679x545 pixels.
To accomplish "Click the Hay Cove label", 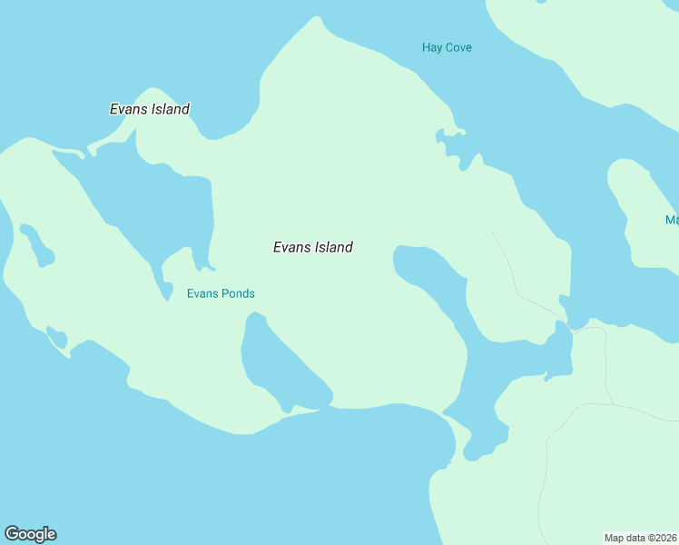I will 447,47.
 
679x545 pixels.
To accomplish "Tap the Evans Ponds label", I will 221,293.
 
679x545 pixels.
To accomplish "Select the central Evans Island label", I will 312,247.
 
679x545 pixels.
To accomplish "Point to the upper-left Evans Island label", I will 150,109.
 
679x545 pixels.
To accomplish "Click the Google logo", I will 30,534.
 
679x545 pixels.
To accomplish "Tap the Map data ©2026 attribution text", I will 641,537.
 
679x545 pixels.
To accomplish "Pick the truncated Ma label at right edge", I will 672,220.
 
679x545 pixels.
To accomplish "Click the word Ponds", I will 239,293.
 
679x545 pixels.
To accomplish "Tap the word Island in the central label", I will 333,247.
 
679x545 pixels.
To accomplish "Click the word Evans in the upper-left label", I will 129,109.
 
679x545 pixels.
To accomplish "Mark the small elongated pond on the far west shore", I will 37,245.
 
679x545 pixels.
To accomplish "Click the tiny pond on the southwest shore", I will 57,338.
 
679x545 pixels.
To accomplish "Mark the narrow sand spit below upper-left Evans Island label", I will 68,151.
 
